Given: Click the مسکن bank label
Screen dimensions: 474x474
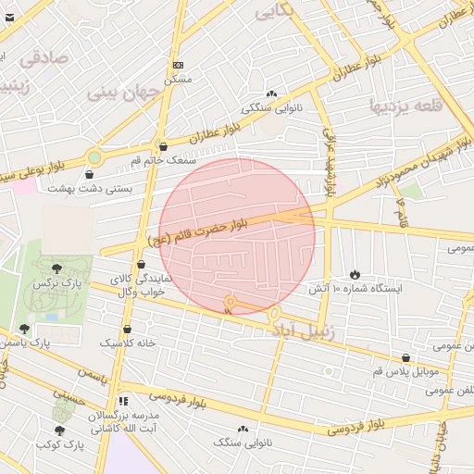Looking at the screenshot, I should pyautogui.click(x=178, y=80).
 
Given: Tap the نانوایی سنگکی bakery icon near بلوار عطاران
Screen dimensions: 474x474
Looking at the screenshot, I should pyautogui.click(x=271, y=94).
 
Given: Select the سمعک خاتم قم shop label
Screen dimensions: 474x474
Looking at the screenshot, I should pyautogui.click(x=163, y=160).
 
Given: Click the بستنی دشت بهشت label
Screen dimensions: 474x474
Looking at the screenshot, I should pyautogui.click(x=89, y=188).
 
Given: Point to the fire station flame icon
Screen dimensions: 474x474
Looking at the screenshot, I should pyautogui.click(x=355, y=274).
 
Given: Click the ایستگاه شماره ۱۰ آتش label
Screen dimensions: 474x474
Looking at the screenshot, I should pyautogui.click(x=363, y=289).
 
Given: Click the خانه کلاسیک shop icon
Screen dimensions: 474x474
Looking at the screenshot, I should pyautogui.click(x=127, y=329).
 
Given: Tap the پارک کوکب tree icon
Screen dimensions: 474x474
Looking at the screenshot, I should pyautogui.click(x=60, y=430).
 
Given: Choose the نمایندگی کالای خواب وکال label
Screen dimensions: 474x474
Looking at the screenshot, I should pyautogui.click(x=141, y=284).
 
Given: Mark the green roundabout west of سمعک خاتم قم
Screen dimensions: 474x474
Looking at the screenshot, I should pyautogui.click(x=94, y=157).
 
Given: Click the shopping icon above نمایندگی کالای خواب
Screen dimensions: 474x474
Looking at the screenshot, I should pyautogui.click(x=141, y=264).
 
